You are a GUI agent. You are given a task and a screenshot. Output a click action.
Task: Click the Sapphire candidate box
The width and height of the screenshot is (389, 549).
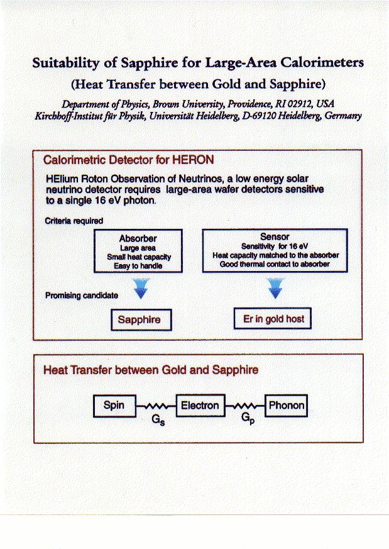[140, 319]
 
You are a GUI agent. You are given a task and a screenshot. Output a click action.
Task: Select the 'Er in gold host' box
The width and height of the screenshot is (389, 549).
[273, 319]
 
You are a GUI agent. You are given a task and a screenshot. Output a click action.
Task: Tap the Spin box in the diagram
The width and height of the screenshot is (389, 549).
[114, 406]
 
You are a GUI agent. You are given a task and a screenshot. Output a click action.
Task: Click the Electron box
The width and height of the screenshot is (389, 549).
[200, 406]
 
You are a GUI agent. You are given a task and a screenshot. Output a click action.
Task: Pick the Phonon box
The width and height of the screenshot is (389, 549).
[287, 406]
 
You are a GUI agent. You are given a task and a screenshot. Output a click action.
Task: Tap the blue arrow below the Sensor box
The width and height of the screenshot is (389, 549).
[275, 288]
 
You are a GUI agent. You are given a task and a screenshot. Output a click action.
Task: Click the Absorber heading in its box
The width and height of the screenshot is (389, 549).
[138, 239]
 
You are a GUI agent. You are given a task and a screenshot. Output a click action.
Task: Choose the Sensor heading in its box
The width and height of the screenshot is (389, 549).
[274, 236]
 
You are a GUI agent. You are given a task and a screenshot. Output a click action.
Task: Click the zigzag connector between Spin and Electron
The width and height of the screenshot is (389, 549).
[157, 406]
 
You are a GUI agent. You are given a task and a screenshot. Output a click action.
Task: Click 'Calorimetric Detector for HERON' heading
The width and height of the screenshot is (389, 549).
[128, 160]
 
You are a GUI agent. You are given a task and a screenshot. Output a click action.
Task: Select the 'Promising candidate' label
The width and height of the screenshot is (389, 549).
[81, 295]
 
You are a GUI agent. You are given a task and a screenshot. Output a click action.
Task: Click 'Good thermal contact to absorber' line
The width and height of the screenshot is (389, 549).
[275, 264]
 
